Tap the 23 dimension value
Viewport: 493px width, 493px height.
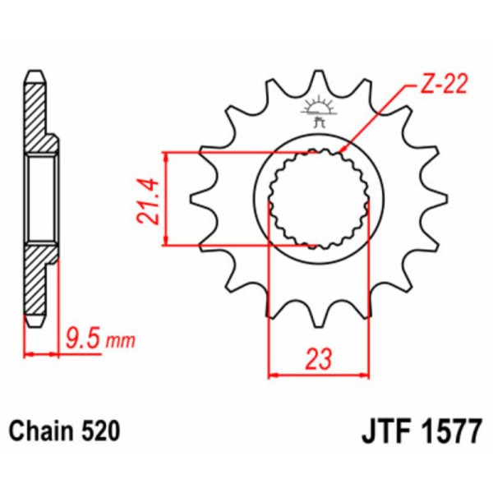[320, 358]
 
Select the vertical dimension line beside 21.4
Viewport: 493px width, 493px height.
[167, 198]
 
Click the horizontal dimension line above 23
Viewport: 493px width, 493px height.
[320, 376]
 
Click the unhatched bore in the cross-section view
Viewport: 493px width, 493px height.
[41, 197]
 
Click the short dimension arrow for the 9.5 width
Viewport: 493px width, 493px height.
[41, 355]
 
